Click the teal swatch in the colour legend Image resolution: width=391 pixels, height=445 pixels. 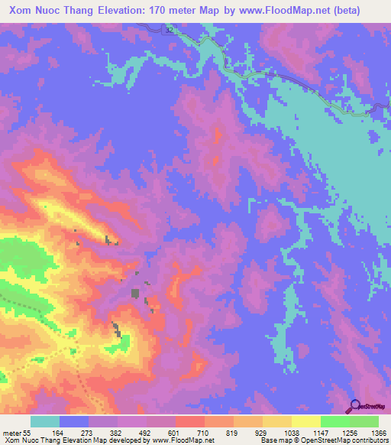[x=45, y=422]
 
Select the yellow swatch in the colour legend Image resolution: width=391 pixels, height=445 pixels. [x=306, y=422]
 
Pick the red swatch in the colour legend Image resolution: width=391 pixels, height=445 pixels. [x=189, y=422]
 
